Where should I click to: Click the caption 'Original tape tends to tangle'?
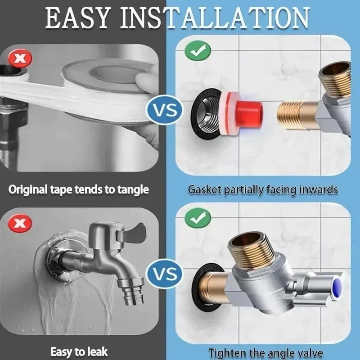point(79,189)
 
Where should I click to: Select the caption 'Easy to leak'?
point(79,351)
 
